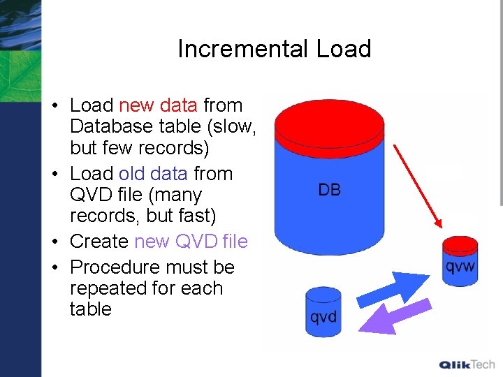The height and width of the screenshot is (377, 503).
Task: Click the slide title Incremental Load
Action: pos(274,49)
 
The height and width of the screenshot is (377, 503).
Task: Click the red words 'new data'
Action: pos(158,105)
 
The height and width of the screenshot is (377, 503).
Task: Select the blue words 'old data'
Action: pos(153,173)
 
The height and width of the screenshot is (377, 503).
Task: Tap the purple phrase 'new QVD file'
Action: pos(191,242)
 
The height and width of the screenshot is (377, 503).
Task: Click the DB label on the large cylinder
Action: pos(329,189)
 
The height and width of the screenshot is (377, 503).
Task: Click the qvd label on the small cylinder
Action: pos(323,317)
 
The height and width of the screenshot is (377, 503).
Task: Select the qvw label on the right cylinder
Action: pos(460,266)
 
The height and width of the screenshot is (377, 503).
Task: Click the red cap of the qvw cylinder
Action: pos(460,245)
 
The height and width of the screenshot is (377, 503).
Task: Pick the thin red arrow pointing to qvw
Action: pos(416,184)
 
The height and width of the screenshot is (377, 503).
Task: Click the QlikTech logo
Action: pos(467,364)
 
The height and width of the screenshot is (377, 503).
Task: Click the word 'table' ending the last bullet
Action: pos(90,309)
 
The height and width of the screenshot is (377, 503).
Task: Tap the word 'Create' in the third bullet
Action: pos(99,242)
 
